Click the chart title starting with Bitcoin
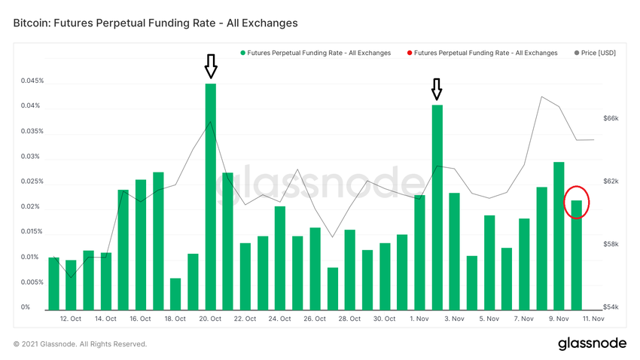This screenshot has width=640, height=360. pos(155,23)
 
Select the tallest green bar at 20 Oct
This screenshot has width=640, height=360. pos(211,196)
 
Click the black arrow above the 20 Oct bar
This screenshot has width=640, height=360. pos(211,66)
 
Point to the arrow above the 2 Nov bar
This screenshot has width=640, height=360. pos(437,89)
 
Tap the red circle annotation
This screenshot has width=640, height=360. pos(577,202)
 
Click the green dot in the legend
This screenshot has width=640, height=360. pos(242,53)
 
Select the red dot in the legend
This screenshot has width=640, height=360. pos(409,53)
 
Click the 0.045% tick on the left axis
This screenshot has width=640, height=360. pos(32,81)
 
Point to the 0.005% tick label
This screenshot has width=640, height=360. pos(32,282)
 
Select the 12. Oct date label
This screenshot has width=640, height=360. pos(70,319)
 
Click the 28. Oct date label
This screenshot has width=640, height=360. pos(349,319)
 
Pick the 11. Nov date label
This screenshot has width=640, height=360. pos(593,319)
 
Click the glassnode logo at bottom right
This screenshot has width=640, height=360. pos(592,343)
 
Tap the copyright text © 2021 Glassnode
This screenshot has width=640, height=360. pos(80,344)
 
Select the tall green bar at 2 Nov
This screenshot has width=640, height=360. pos(437,207)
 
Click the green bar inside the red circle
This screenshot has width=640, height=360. pos(577,255)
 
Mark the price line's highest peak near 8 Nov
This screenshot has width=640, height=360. pos(541,96)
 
